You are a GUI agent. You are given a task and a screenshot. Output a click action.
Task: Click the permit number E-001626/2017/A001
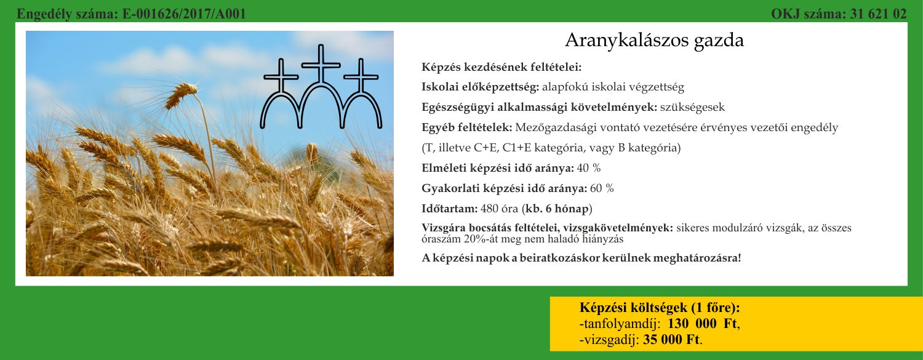point(184,14)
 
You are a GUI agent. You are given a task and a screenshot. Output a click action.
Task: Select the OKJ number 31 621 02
point(878,14)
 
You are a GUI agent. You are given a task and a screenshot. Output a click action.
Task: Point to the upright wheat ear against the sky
point(182,95)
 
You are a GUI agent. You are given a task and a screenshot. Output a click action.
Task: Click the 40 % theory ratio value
point(589,168)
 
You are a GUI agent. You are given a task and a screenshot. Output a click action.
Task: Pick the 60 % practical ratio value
point(602,188)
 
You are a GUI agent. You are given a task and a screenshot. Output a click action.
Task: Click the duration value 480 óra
point(500,209)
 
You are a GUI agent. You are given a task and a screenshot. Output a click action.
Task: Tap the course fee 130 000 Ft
point(702,324)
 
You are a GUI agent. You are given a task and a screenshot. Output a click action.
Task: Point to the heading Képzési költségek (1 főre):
point(660,308)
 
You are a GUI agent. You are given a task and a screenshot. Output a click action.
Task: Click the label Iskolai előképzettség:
point(480,87)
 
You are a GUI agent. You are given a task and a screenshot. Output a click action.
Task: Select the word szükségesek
point(692,108)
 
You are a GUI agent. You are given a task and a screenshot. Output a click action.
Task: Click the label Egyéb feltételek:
point(467,127)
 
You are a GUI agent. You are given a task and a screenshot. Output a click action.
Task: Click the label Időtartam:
point(450,209)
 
